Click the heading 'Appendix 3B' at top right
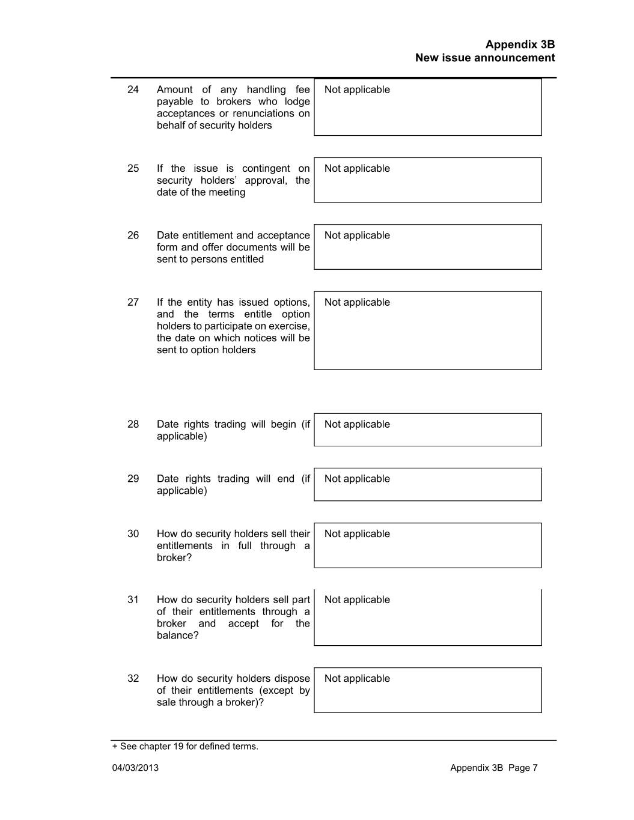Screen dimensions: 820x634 click(x=520, y=44)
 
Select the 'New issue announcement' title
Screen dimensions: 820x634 click(x=485, y=58)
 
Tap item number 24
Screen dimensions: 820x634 click(x=133, y=90)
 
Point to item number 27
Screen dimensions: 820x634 click(x=133, y=302)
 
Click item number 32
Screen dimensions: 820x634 click(x=133, y=678)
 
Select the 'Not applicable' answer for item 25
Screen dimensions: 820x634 click(x=357, y=168)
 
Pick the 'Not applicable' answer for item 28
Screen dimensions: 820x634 click(x=357, y=424)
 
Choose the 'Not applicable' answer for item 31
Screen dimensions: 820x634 click(x=357, y=600)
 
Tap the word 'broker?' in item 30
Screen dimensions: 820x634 click(x=174, y=557)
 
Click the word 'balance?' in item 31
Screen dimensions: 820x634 click(x=177, y=636)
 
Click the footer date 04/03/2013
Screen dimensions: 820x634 click(x=135, y=768)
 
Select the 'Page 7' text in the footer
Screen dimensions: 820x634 click(x=523, y=768)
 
